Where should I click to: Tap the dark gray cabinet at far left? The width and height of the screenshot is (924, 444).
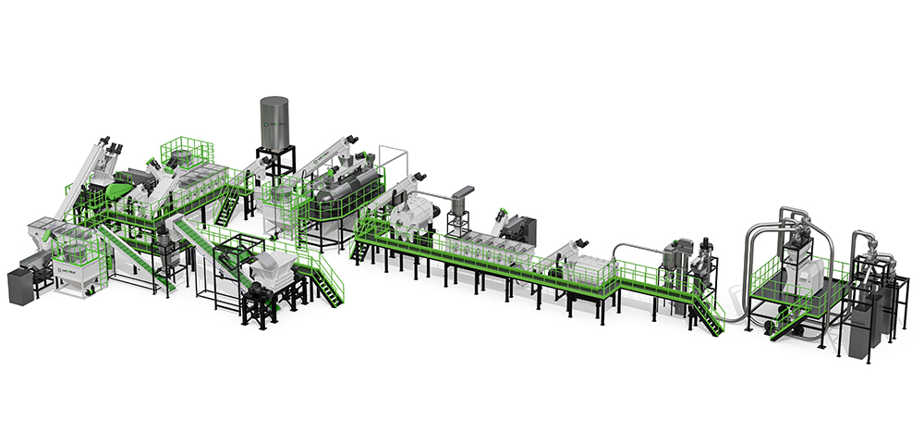point(20,284)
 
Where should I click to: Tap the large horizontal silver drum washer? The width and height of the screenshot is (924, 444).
point(346,191)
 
